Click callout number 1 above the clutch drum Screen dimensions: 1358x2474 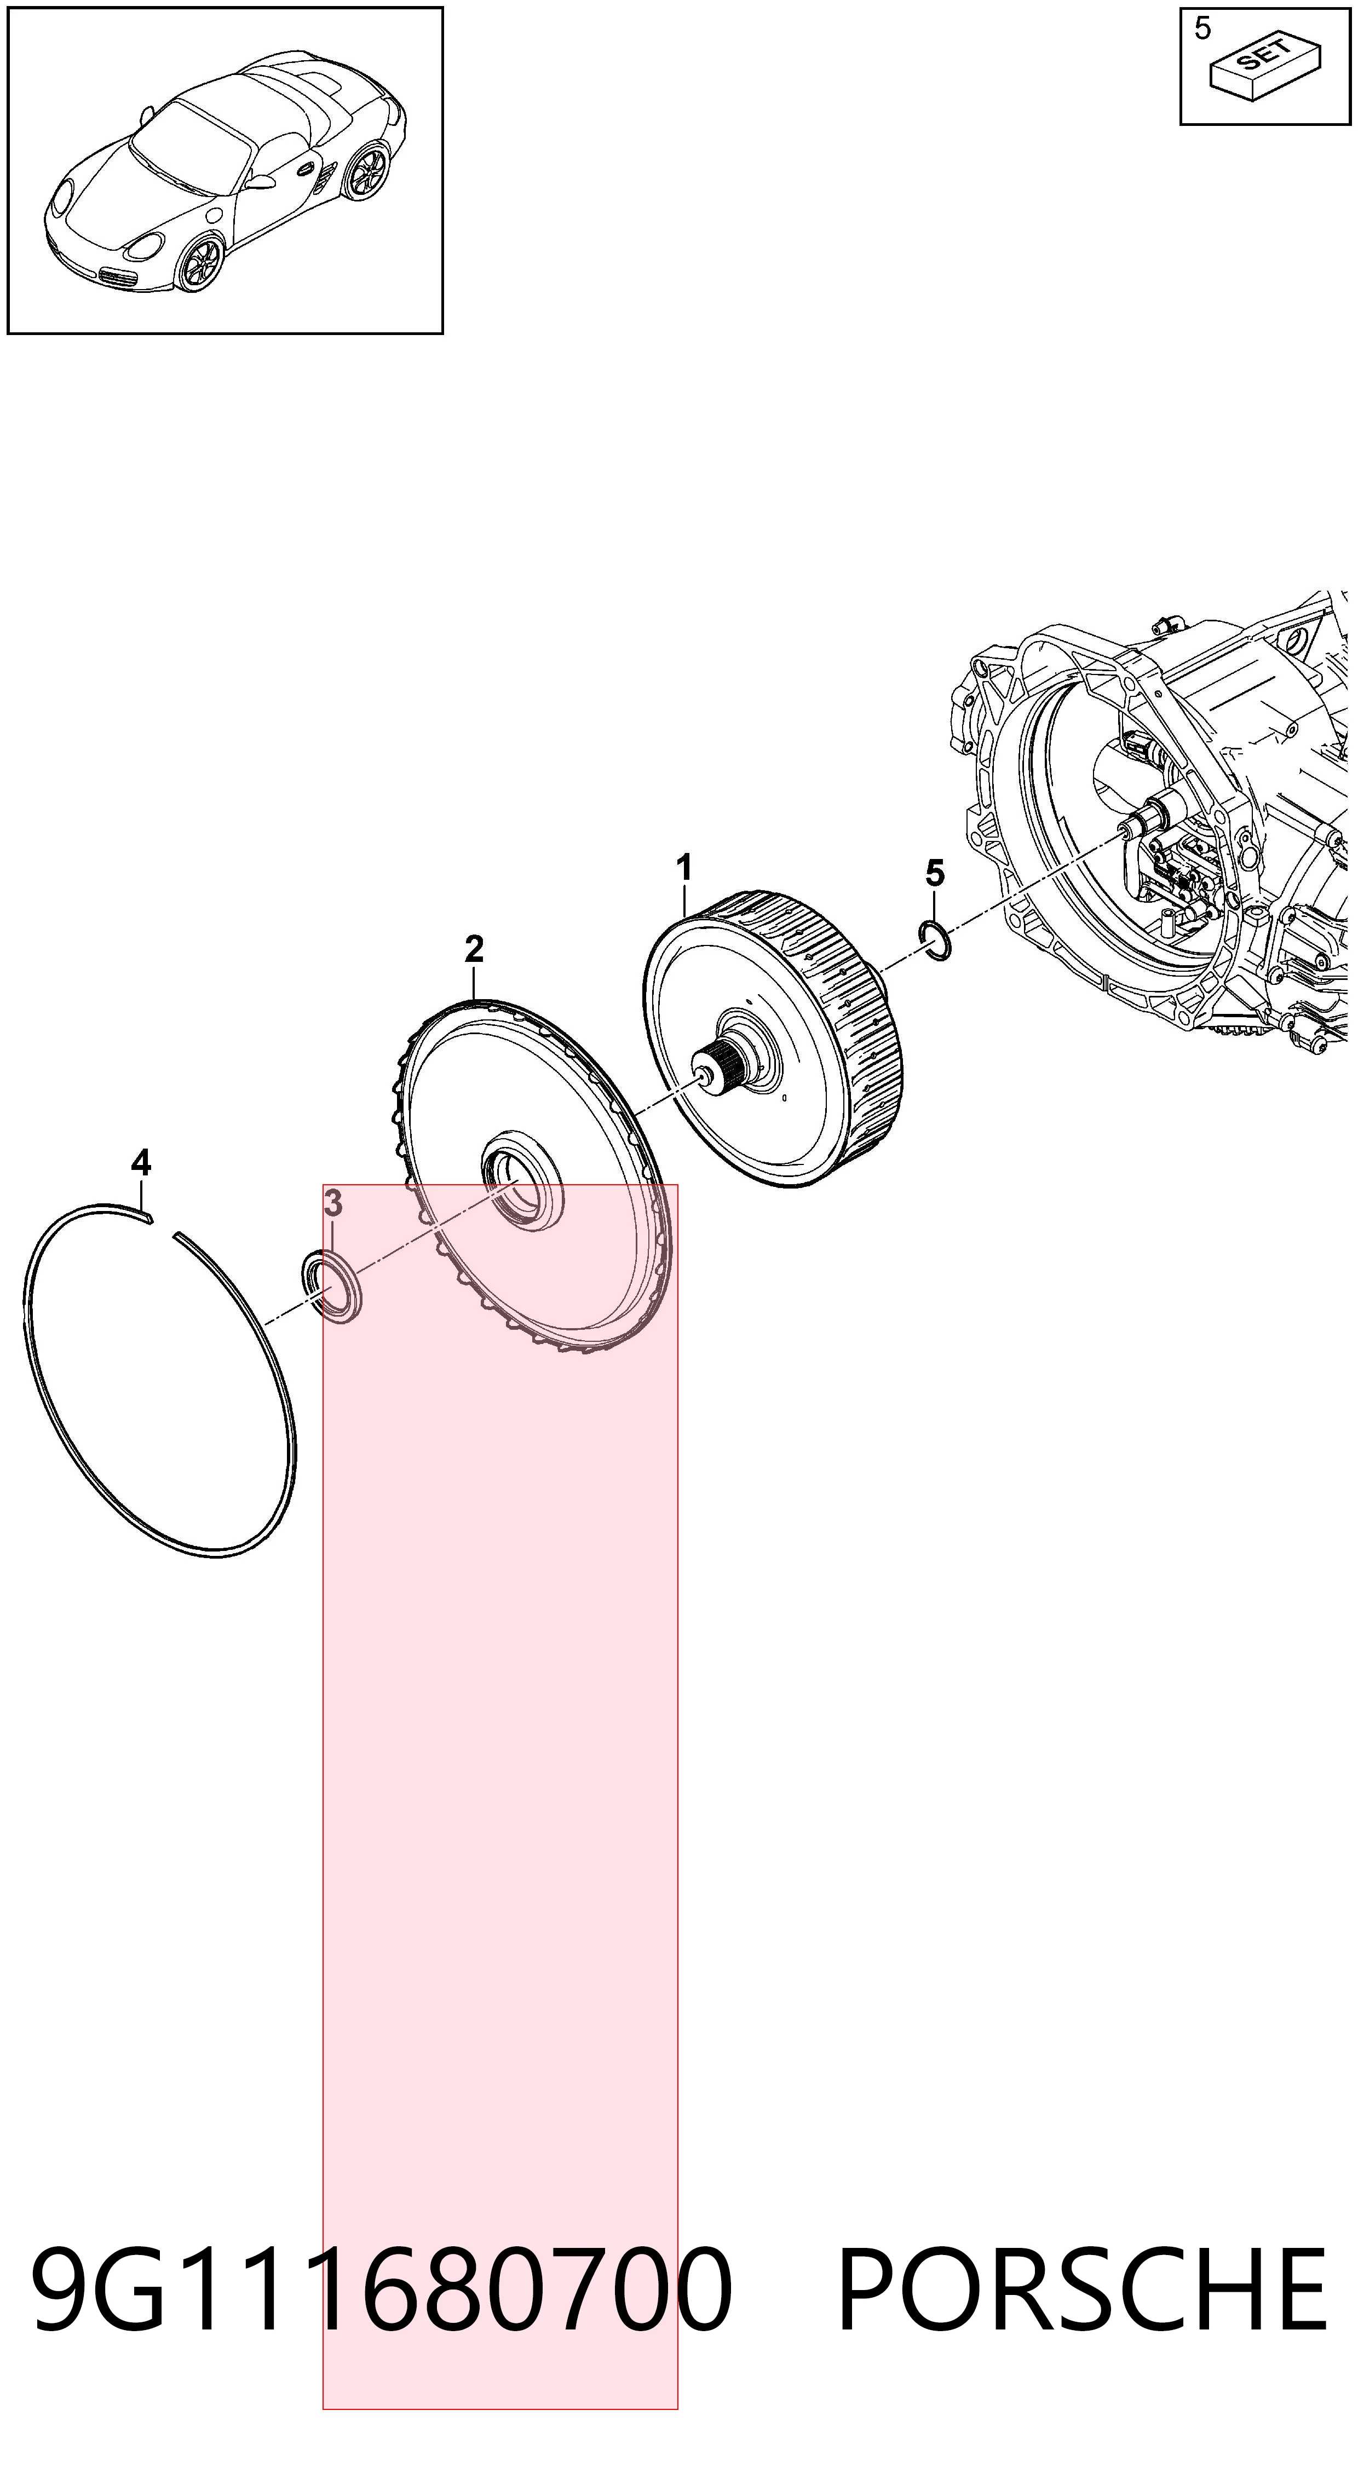684,868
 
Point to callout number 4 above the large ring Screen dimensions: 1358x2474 141,1163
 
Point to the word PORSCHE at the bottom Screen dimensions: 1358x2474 1083,2291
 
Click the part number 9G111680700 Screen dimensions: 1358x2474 382,2291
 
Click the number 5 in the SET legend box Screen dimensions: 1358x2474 1202,29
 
